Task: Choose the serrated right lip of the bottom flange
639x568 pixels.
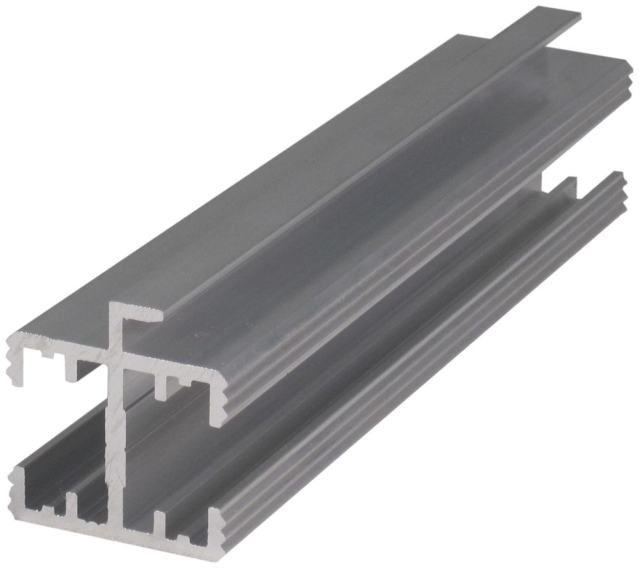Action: coord(217,530)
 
